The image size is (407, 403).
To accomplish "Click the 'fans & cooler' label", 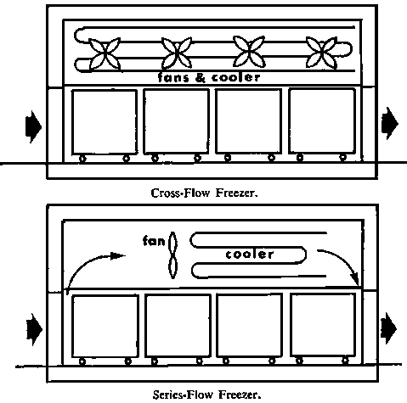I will [x=208, y=77].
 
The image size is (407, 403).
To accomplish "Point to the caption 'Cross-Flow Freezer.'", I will [x=204, y=193].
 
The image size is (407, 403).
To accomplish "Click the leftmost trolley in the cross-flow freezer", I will [x=103, y=123].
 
